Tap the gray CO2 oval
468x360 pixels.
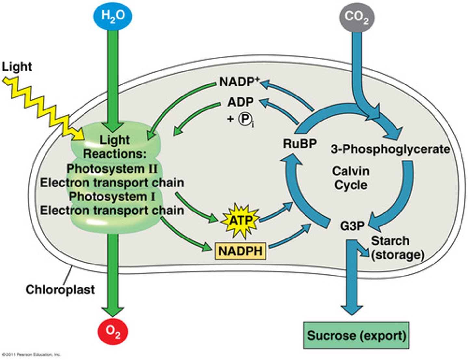[x=357, y=17]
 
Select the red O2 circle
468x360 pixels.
[x=113, y=331]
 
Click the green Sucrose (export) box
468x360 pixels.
[x=356, y=335]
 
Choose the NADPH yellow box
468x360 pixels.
[x=240, y=251]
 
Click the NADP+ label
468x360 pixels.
[x=239, y=82]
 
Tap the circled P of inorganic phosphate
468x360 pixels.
[x=244, y=119]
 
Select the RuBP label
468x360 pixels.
[x=299, y=143]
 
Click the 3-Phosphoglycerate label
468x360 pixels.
[x=390, y=149]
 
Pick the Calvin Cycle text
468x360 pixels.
[x=351, y=178]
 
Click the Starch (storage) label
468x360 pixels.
[x=397, y=248]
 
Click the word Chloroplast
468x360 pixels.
[x=60, y=289]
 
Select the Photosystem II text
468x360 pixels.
[x=112, y=169]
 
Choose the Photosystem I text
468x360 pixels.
[x=112, y=197]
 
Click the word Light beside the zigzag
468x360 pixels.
[x=17, y=67]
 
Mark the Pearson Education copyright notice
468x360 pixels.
[x=31, y=354]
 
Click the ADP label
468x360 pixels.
[x=240, y=102]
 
